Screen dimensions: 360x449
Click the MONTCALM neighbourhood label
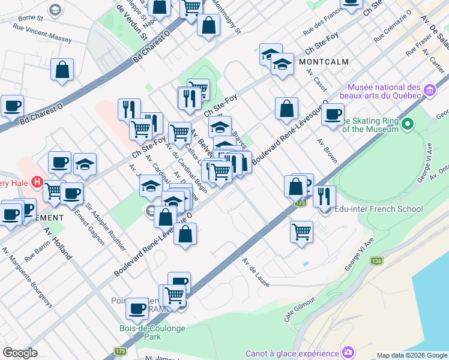pos(325,61)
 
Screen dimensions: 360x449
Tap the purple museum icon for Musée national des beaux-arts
pos(429,91)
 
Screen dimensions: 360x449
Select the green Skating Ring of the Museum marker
pos(408,124)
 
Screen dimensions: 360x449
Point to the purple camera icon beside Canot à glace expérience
pos(348,352)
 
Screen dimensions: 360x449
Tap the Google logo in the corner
pos(20,353)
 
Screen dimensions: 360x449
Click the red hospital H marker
pos(37,181)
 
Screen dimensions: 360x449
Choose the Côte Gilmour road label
pos(300,309)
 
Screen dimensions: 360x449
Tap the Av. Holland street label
pos(57,244)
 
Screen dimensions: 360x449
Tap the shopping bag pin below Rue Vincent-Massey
pos(62,70)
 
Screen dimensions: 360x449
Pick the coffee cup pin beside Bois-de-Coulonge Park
pos(137,308)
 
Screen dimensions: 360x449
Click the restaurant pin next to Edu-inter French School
pos(324,196)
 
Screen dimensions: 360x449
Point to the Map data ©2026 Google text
pos(411,355)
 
